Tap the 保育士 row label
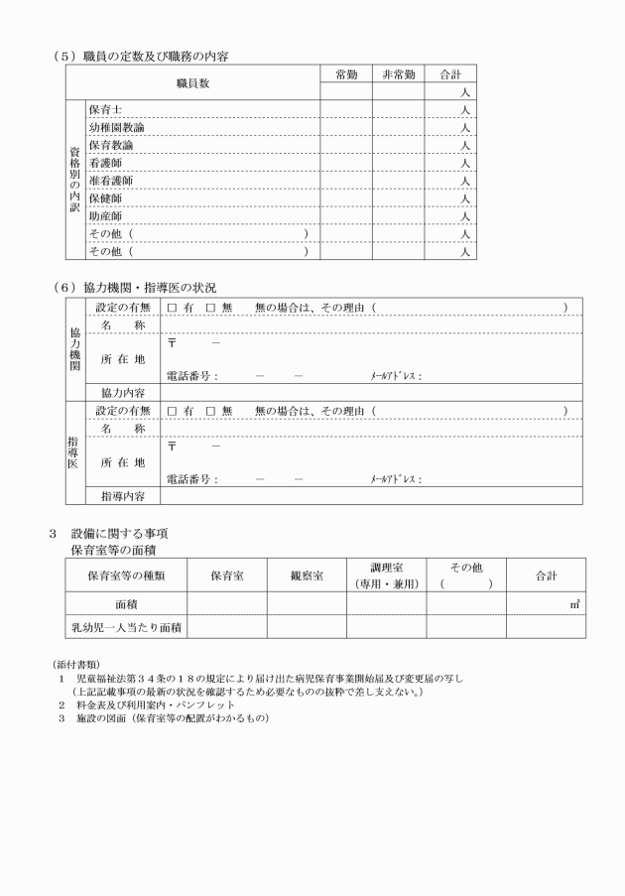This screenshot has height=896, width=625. (x=105, y=109)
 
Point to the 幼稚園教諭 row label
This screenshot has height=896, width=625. (x=116, y=127)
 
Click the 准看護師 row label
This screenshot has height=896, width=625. (x=110, y=181)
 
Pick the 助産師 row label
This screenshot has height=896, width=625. (x=105, y=215)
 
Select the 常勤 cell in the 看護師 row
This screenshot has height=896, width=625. (x=345, y=163)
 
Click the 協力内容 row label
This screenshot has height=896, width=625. (x=122, y=392)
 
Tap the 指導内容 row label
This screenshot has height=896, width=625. (x=122, y=495)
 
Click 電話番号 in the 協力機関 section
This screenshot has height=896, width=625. (x=191, y=376)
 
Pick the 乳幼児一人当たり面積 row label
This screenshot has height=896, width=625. (x=125, y=627)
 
